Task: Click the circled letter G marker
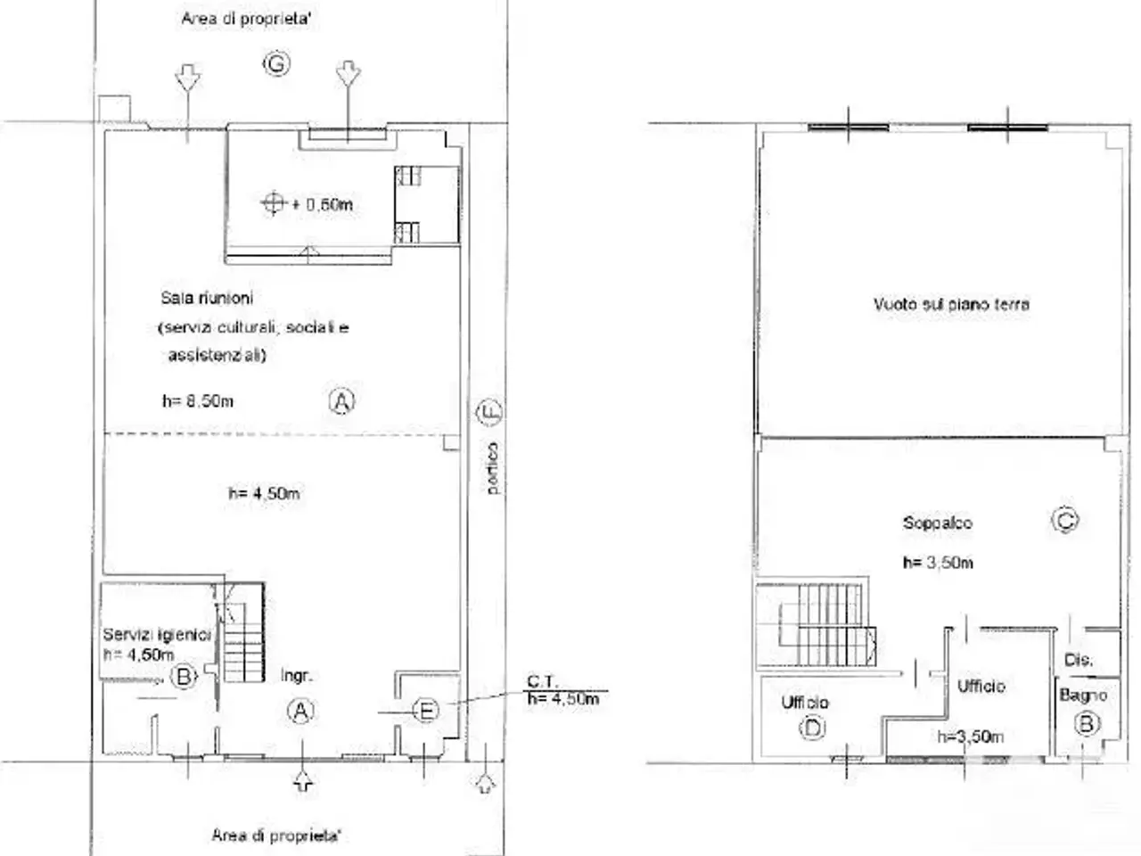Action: [x=276, y=64]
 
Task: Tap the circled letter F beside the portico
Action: [x=488, y=412]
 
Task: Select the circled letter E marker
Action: [x=426, y=711]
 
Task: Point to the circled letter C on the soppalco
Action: [x=1065, y=520]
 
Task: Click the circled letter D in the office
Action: [x=812, y=728]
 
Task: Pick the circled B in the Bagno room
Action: [x=1087, y=723]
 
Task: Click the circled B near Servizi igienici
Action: [x=184, y=677]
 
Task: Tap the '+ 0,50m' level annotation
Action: [x=323, y=204]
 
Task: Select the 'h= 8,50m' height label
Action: [x=198, y=401]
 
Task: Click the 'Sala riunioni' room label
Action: [x=207, y=298]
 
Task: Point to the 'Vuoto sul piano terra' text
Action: [x=951, y=304]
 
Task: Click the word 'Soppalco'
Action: [x=938, y=523]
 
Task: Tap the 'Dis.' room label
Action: [x=1078, y=660]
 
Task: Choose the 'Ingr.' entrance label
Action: [x=297, y=676]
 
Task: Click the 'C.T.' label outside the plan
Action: [x=543, y=681]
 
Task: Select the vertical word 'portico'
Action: [x=493, y=468]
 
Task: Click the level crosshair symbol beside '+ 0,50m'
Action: [x=274, y=203]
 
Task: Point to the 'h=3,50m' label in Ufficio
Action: [x=971, y=737]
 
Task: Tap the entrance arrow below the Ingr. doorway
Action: [x=303, y=779]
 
